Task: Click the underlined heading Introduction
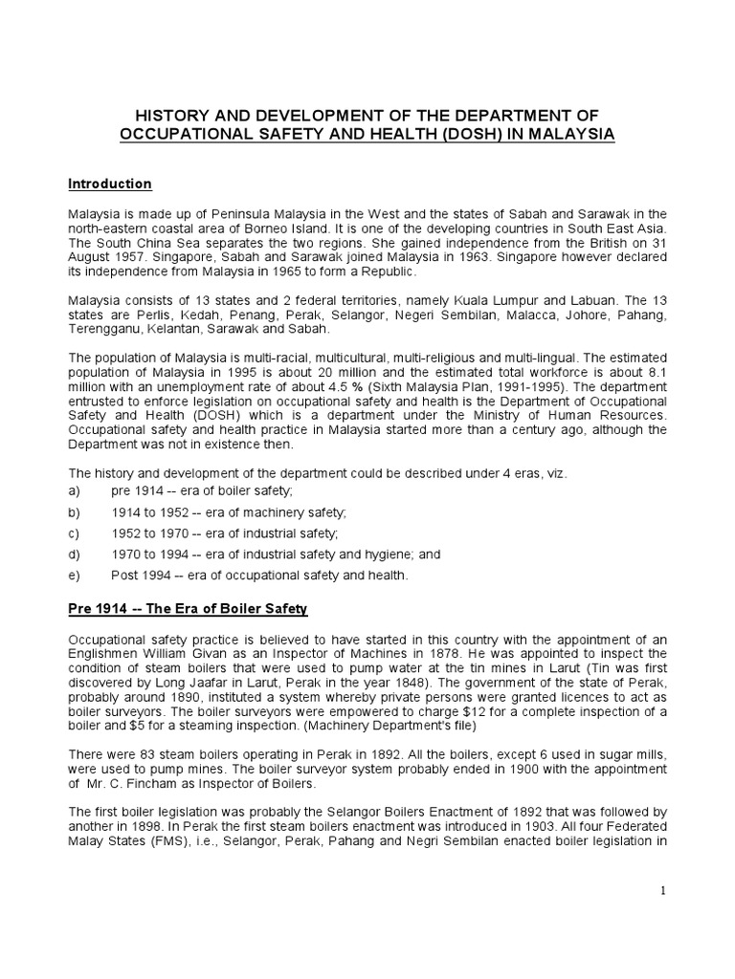point(110,183)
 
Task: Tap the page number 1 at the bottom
point(662,891)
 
